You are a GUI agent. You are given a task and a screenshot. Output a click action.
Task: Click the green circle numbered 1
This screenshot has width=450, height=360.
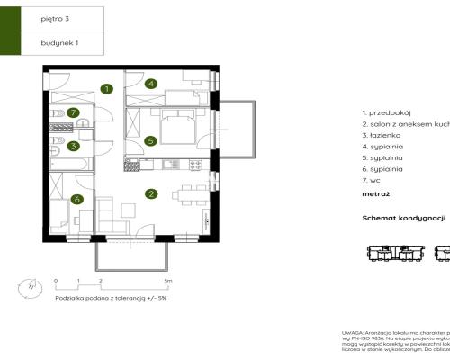tap(106, 88)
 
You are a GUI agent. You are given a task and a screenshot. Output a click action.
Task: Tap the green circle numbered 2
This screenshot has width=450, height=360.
tap(152, 193)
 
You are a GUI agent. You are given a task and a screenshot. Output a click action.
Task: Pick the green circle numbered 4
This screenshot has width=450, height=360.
tap(151, 85)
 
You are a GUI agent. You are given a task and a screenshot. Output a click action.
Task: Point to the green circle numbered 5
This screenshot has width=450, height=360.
tap(151, 139)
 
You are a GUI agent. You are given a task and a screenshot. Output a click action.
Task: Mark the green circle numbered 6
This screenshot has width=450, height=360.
tap(76, 200)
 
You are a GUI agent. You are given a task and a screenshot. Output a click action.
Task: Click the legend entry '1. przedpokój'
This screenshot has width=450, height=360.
tap(386, 112)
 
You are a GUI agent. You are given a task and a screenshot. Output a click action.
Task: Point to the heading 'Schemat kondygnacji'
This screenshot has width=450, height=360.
tap(404, 218)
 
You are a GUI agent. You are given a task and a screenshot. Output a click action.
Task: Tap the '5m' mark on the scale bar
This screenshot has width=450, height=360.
tap(168, 281)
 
